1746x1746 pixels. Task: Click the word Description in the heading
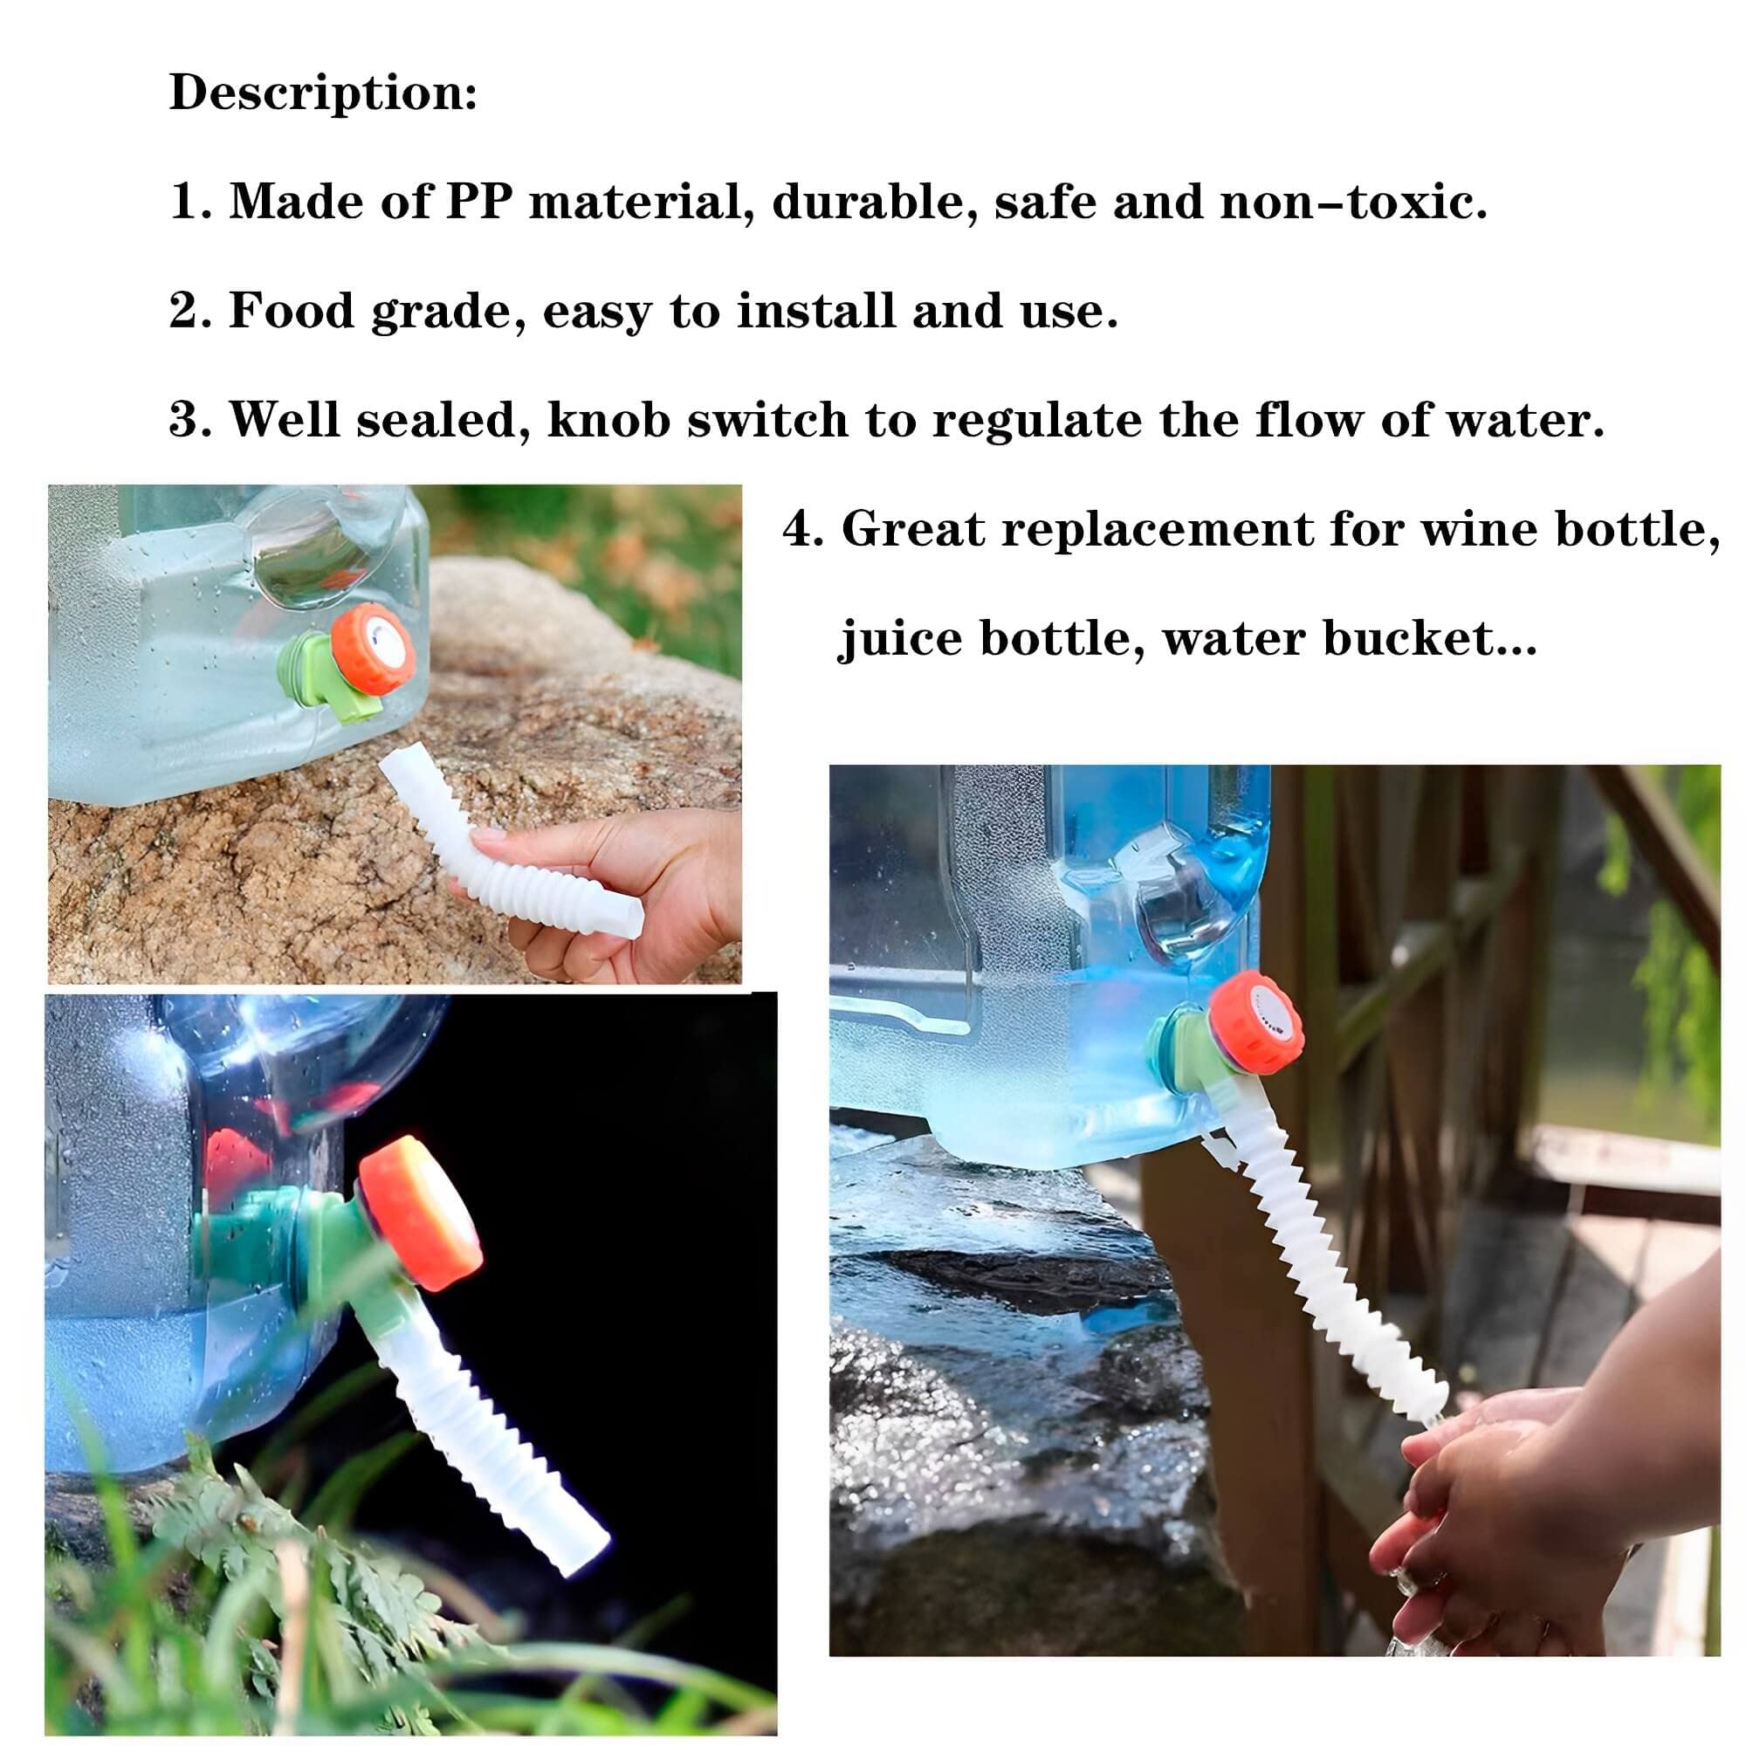pyautogui.click(x=316, y=93)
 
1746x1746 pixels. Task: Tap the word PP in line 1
pyautogui.click(x=478, y=202)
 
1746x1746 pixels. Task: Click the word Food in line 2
pyautogui.click(x=289, y=311)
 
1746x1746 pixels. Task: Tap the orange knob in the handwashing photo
pyautogui.click(x=1256, y=1021)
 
